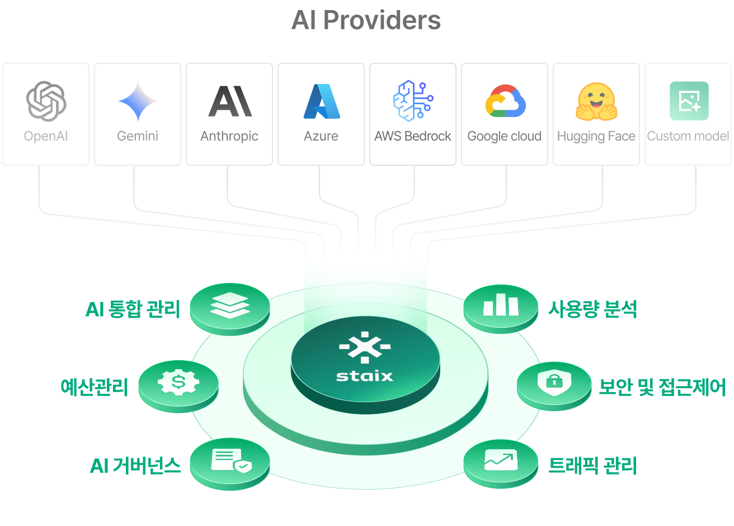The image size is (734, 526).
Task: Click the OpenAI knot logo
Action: pos(46,101)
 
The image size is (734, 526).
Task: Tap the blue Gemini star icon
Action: pos(138,101)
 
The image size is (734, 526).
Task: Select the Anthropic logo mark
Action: pos(230,101)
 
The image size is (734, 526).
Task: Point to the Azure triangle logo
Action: pos(322,101)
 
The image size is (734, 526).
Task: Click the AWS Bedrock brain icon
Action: pos(413,101)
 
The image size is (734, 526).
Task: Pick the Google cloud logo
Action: pos(505,101)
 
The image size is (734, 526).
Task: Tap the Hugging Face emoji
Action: pos(596,101)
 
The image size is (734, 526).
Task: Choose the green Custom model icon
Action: pos(689,101)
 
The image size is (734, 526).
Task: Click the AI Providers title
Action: pos(366,21)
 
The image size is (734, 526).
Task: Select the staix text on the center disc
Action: pos(365,375)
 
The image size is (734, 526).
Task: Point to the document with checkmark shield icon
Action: pos(230,461)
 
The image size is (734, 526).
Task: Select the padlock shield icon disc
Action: pos(554,383)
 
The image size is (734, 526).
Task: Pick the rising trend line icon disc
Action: pos(501,461)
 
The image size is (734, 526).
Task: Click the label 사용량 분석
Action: pos(592,309)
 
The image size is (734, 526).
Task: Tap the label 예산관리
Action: pos(95,387)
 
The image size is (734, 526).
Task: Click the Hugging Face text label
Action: pos(596,136)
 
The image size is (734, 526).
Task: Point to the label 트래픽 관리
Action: pos(592,465)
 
